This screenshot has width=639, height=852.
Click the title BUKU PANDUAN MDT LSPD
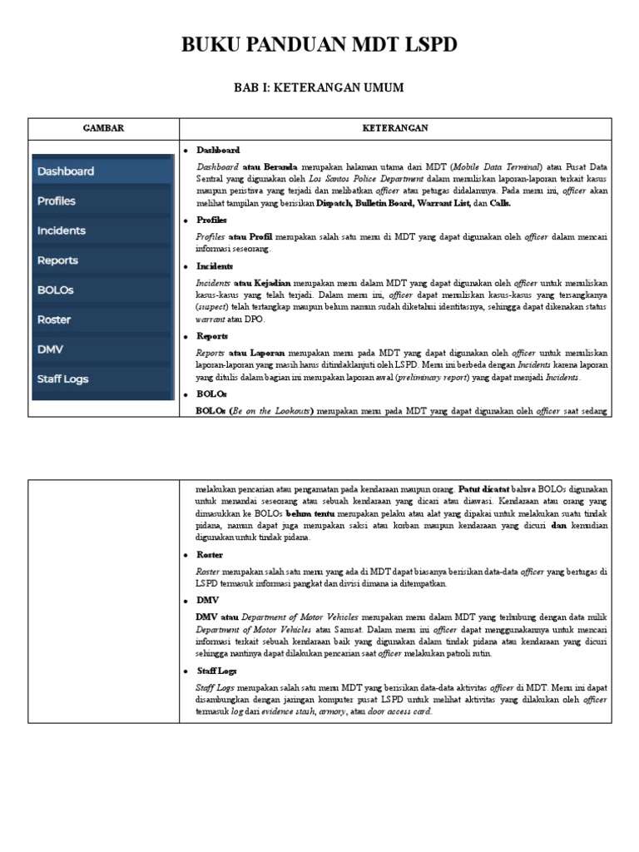coord(319,45)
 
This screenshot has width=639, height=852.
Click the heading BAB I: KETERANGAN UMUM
coord(319,87)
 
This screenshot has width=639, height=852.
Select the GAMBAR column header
coord(103,128)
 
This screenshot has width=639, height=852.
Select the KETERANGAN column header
coord(395,128)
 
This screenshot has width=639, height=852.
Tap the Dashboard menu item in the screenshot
coord(66,171)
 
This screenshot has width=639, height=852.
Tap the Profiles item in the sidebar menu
coord(57,201)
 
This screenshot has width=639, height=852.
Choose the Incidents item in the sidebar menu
coord(61,230)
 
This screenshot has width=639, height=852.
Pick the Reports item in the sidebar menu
coord(57,260)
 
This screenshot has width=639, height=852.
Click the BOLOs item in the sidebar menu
coord(55,290)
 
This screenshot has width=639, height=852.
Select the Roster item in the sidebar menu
coord(54,319)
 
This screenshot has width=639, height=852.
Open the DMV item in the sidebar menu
coord(50,349)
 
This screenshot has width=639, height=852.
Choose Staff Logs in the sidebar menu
coord(62,379)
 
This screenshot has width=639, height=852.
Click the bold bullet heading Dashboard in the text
coord(218,151)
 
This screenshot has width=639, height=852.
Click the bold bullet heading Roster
coord(210,555)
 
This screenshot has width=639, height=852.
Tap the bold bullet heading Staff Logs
coord(216,671)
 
